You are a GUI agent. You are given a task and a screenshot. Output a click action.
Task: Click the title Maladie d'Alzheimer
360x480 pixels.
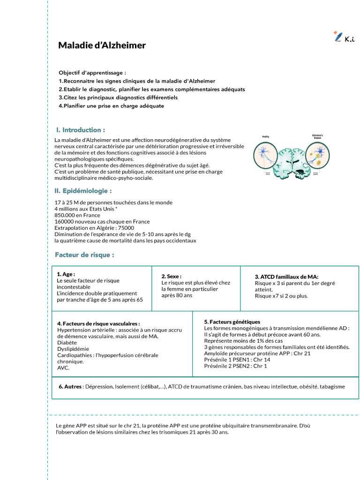tap(102, 45)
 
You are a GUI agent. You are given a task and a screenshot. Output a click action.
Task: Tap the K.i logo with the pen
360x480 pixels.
tap(344, 37)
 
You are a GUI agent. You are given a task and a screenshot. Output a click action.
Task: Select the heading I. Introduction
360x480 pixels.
tap(80, 130)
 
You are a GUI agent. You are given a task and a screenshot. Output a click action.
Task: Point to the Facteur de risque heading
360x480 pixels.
tap(84, 255)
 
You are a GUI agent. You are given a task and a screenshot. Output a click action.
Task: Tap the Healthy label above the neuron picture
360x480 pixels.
tap(266, 136)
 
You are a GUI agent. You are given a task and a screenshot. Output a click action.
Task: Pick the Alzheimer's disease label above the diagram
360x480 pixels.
tap(317, 137)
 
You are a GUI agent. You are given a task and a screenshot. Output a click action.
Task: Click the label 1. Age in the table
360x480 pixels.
tap(66, 274)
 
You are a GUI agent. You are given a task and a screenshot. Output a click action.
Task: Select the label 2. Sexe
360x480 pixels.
tap(171, 277)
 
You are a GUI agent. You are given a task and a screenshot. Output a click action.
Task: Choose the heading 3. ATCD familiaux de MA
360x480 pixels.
tap(286, 277)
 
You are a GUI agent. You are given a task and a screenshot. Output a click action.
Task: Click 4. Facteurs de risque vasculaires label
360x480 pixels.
tap(98, 323)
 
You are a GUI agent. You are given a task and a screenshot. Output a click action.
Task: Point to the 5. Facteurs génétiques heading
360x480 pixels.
tap(232, 322)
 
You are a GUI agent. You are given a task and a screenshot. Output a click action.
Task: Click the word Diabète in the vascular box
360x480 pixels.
tap(67, 343)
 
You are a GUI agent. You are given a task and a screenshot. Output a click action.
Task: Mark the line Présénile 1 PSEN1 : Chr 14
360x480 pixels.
tap(237, 360)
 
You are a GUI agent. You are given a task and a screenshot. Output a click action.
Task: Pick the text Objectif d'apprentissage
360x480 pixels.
tap(92, 73)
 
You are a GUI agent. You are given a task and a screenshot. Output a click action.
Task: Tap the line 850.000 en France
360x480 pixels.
tap(77, 215)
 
